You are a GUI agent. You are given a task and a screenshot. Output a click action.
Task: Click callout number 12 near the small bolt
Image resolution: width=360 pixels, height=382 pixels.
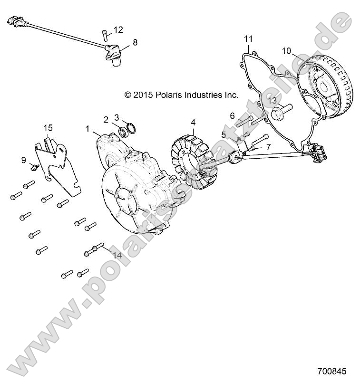coord(118,30)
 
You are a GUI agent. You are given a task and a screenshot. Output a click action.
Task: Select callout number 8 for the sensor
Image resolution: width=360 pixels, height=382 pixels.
coord(135,42)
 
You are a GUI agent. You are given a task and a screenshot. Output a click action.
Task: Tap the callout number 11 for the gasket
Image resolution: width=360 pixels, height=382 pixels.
coord(249,38)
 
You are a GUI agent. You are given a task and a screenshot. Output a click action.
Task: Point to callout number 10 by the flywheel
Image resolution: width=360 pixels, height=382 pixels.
coord(286,50)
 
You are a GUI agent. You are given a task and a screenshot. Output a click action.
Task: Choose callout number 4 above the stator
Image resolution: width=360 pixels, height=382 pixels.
coord(193,122)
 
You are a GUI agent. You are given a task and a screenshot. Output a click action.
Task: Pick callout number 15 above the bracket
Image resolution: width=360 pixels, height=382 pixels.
coord(49,128)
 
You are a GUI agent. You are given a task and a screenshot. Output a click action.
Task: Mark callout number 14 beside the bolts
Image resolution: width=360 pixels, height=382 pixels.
coord(117,255)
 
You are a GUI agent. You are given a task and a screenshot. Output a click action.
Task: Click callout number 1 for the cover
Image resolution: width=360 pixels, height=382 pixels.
coord(87,129)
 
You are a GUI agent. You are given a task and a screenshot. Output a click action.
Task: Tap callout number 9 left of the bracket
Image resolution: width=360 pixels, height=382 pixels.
coord(23,160)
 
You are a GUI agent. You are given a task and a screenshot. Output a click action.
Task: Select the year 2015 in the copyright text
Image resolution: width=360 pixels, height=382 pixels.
coord(142,95)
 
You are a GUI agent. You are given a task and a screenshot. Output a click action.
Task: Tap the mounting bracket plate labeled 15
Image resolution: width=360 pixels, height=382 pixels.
coord(57,166)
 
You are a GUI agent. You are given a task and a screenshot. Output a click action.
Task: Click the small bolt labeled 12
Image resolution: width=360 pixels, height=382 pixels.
coord(104,34)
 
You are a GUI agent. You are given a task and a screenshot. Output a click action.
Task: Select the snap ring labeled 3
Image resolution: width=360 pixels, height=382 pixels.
coord(132,129)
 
